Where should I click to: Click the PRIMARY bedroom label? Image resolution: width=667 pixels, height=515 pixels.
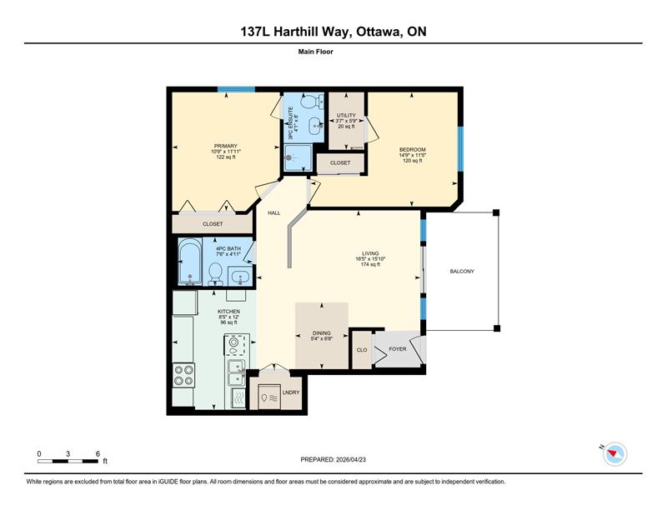pyautogui.click(x=225, y=146)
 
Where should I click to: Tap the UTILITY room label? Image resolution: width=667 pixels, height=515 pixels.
pyautogui.click(x=346, y=115)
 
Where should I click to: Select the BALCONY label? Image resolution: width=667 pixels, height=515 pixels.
pyautogui.click(x=462, y=271)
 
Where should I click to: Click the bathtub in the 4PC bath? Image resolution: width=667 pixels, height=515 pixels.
pyautogui.click(x=190, y=262)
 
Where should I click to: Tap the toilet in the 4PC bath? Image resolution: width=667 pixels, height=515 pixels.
pyautogui.click(x=215, y=274)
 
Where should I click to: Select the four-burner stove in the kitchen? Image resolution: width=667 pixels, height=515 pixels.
pyautogui.click(x=183, y=375)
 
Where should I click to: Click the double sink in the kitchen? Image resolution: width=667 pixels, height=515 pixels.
pyautogui.click(x=236, y=372)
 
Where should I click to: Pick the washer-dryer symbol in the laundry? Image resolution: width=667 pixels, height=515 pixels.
pyautogui.click(x=269, y=397)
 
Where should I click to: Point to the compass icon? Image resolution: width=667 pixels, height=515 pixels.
pyautogui.click(x=614, y=454)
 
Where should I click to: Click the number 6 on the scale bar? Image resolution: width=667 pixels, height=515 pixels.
pyautogui.click(x=98, y=454)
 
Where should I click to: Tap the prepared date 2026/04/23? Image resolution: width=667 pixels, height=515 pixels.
pyautogui.click(x=351, y=459)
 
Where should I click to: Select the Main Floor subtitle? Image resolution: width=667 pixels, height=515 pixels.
pyautogui.click(x=316, y=52)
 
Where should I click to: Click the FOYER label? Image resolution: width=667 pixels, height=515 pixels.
pyautogui.click(x=398, y=348)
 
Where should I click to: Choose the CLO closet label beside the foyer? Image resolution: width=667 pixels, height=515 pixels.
pyautogui.click(x=362, y=350)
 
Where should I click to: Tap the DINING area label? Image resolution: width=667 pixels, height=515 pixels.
pyautogui.click(x=322, y=333)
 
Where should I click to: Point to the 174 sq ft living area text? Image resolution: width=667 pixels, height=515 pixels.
pyautogui.click(x=370, y=264)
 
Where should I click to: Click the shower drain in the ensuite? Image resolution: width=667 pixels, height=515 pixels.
pyautogui.click(x=289, y=157)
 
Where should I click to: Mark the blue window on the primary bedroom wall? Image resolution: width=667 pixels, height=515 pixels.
pyautogui.click(x=236, y=89)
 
